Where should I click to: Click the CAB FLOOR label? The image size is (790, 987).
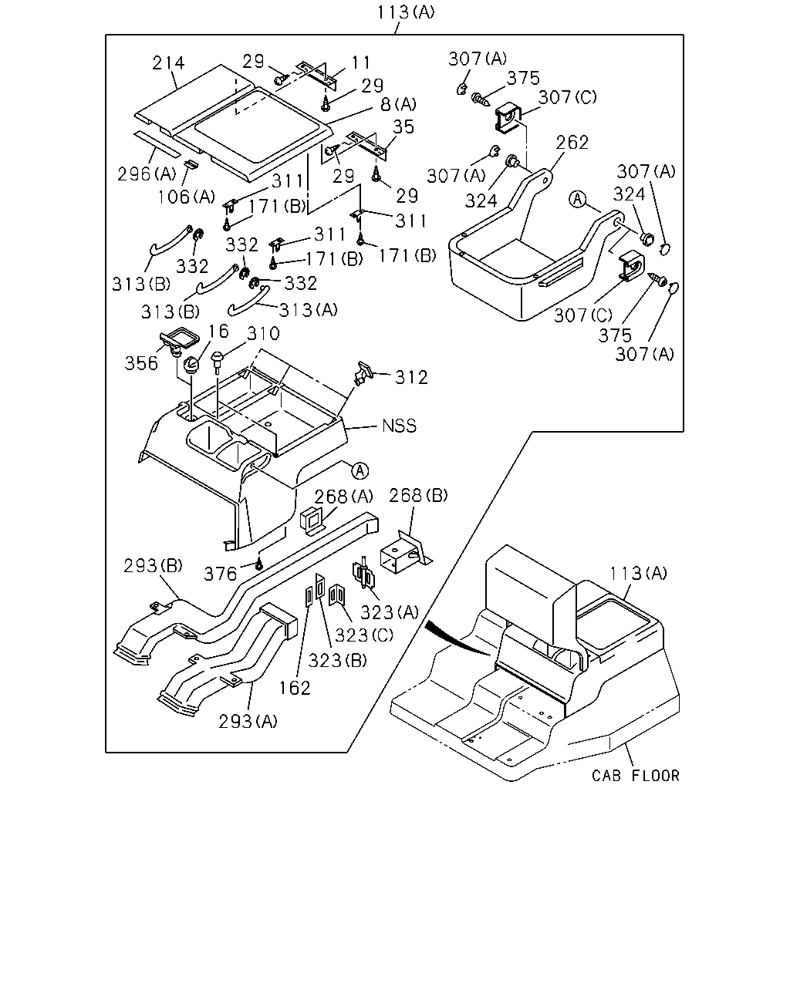click(x=635, y=775)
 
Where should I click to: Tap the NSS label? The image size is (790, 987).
click(x=400, y=426)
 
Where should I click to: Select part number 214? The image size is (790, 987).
click(x=168, y=62)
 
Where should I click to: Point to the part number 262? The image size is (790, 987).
click(x=572, y=142)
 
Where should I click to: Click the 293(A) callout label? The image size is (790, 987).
click(x=248, y=722)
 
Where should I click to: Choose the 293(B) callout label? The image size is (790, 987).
click(x=153, y=565)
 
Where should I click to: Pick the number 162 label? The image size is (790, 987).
click(x=295, y=688)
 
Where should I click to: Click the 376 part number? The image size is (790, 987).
click(x=221, y=574)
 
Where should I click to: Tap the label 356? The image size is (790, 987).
click(x=141, y=363)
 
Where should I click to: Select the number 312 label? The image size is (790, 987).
click(x=412, y=377)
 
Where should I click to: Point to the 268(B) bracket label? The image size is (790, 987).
click(x=418, y=495)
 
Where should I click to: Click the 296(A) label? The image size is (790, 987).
click(x=147, y=173)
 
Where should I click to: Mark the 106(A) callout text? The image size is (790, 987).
click(x=187, y=197)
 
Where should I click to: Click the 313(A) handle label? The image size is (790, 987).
click(x=309, y=310)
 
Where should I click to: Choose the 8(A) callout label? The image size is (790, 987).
click(x=398, y=105)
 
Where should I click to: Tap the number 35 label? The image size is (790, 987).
click(x=403, y=126)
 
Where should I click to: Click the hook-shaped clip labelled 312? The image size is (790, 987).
click(x=363, y=372)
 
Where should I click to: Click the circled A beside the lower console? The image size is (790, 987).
click(x=360, y=470)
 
